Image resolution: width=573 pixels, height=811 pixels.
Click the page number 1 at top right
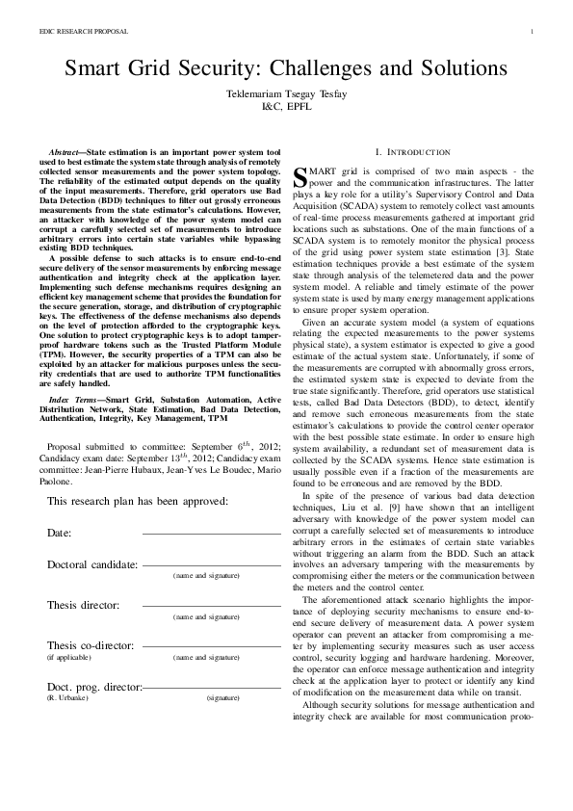[x=532, y=32]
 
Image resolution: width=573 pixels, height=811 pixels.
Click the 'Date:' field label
[x=59, y=533]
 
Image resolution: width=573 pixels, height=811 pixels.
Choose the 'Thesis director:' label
[x=83, y=605]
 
